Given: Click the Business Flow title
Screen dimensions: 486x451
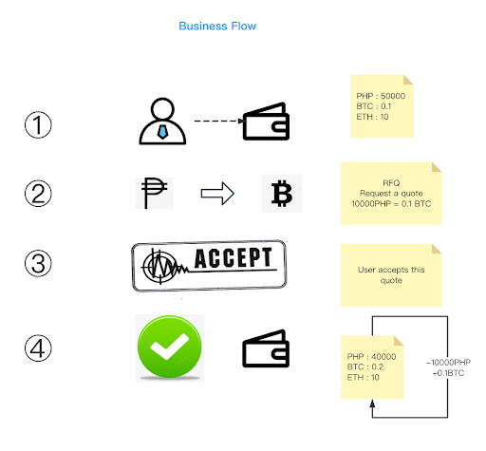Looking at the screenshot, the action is [x=217, y=26].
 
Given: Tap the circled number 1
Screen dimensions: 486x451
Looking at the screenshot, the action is [x=38, y=124].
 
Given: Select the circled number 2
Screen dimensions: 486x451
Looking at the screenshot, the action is [x=38, y=194].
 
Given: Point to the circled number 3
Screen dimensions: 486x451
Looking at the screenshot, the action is [x=38, y=263].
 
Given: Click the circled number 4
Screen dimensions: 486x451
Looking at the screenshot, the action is [x=38, y=348].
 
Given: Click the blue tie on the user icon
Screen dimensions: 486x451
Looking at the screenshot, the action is [x=162, y=132].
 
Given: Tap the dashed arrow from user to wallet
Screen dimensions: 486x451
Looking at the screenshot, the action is [x=219, y=121].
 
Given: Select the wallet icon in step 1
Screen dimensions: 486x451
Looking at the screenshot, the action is [x=266, y=122].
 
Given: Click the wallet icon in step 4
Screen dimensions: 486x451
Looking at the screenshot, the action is [x=266, y=348].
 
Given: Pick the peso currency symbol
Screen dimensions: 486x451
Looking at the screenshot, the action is [x=154, y=193].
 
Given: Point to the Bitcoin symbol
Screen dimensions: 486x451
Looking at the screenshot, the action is [x=282, y=193].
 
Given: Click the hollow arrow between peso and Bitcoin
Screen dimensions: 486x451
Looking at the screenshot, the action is [x=217, y=194].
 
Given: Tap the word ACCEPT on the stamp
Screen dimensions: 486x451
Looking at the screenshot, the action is [x=234, y=258].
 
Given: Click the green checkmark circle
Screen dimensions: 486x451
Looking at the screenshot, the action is [x=170, y=347].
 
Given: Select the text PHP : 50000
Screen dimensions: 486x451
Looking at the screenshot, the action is [x=381, y=96].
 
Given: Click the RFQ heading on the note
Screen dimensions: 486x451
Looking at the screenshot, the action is [x=391, y=183].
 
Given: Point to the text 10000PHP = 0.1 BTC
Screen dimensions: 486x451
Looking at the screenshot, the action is [x=391, y=203].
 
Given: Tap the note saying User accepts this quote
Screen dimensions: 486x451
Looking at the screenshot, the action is [x=391, y=275].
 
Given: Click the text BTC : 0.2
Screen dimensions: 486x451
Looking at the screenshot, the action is [x=365, y=366].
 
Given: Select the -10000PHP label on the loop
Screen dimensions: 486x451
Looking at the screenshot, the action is [x=448, y=362].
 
